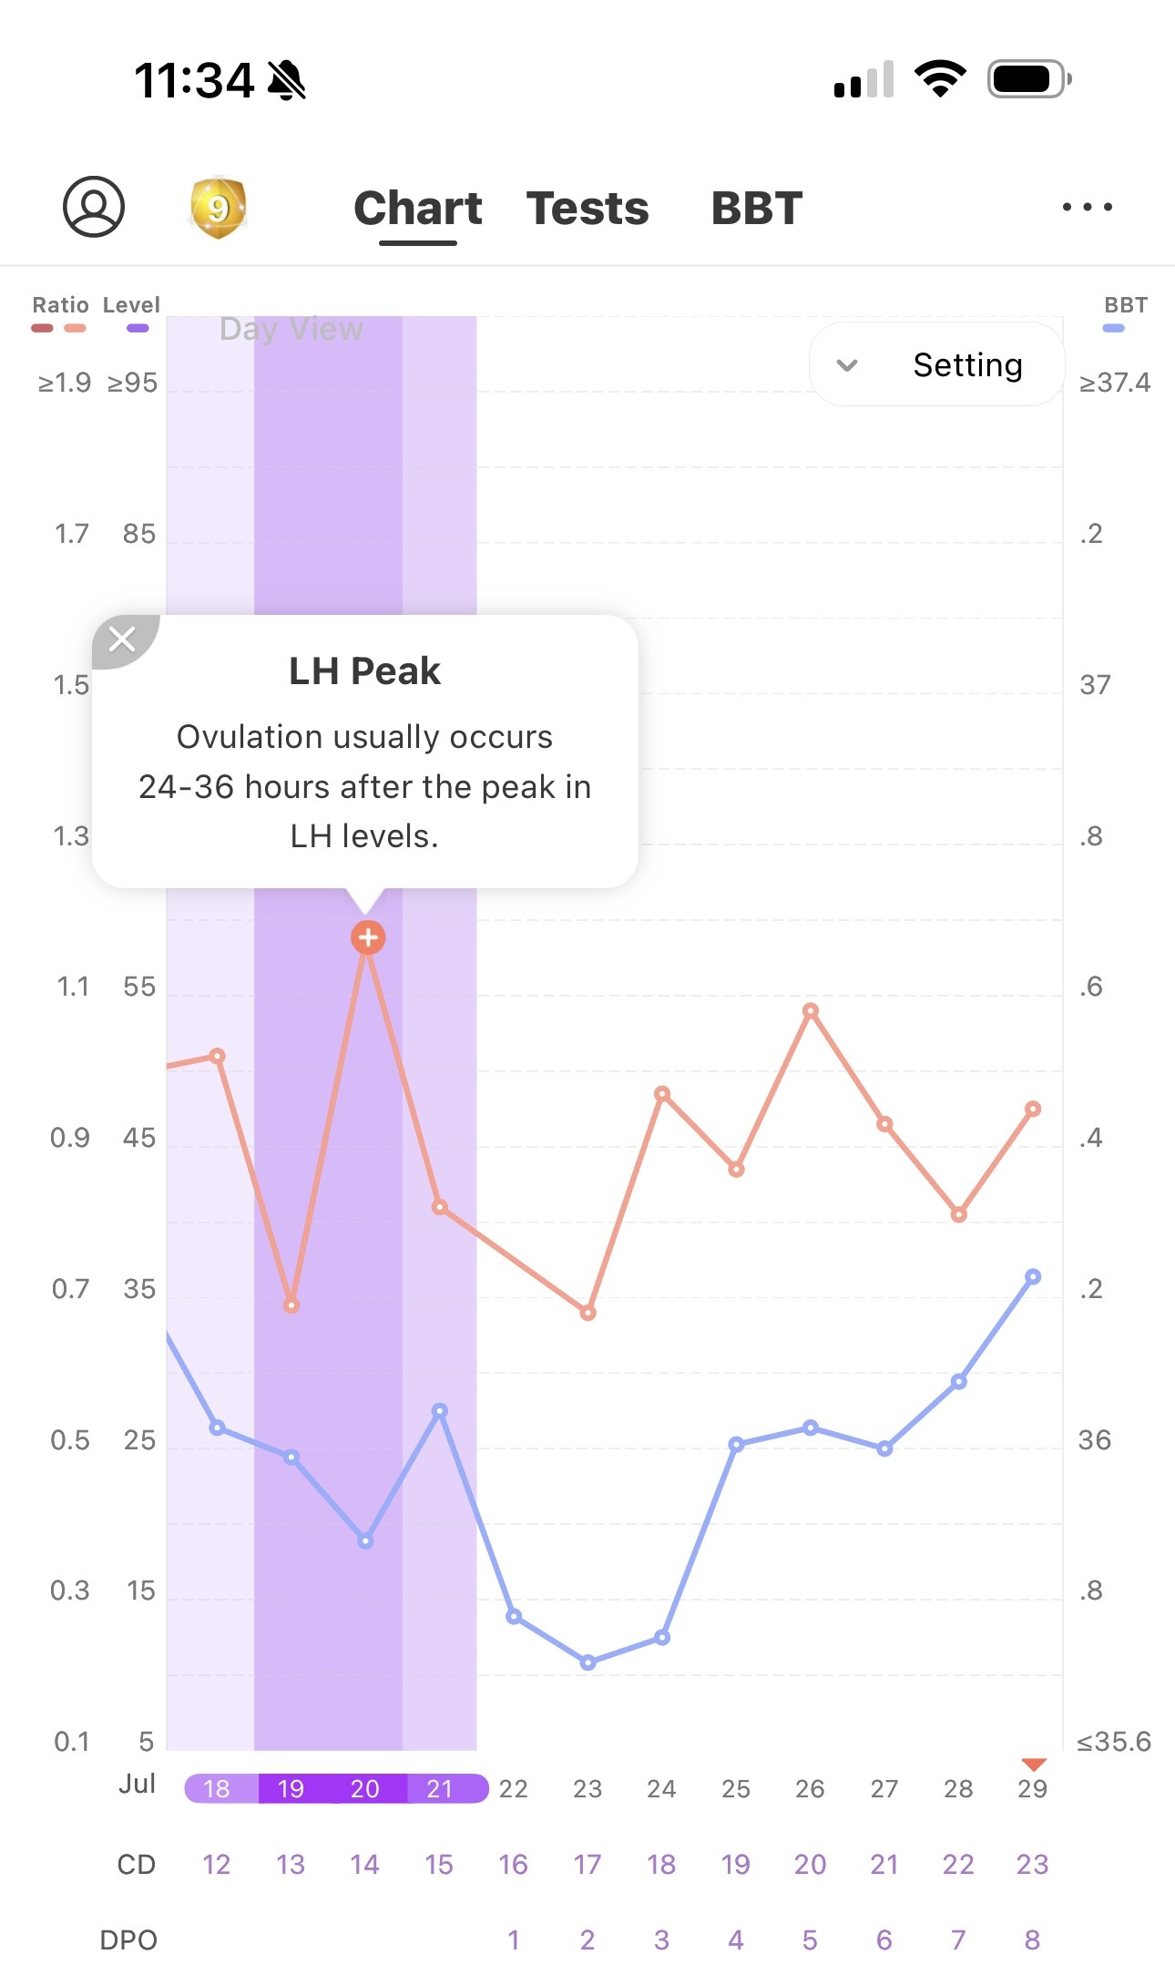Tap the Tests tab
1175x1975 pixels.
(587, 209)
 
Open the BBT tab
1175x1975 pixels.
(756, 209)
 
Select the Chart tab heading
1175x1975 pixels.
(417, 209)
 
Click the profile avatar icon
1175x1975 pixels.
(94, 207)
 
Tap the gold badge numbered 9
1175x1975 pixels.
(218, 208)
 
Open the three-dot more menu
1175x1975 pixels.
(1087, 207)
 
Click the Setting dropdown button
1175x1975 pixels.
(936, 365)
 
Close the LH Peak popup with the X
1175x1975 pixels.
(122, 639)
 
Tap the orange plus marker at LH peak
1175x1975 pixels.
(368, 936)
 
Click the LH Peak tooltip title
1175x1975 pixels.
(364, 671)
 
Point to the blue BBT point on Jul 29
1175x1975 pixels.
(1032, 1277)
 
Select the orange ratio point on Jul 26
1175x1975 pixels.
(811, 1011)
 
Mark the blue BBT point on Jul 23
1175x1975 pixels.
(588, 1663)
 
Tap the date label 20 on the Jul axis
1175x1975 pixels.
(365, 1788)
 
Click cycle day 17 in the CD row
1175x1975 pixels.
(587, 1865)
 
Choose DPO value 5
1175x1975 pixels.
(810, 1940)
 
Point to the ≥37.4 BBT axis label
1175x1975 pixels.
(1114, 383)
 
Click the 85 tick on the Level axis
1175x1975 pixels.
(139, 534)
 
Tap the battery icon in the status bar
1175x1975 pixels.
(1028, 79)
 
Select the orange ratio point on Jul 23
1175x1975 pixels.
(588, 1313)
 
